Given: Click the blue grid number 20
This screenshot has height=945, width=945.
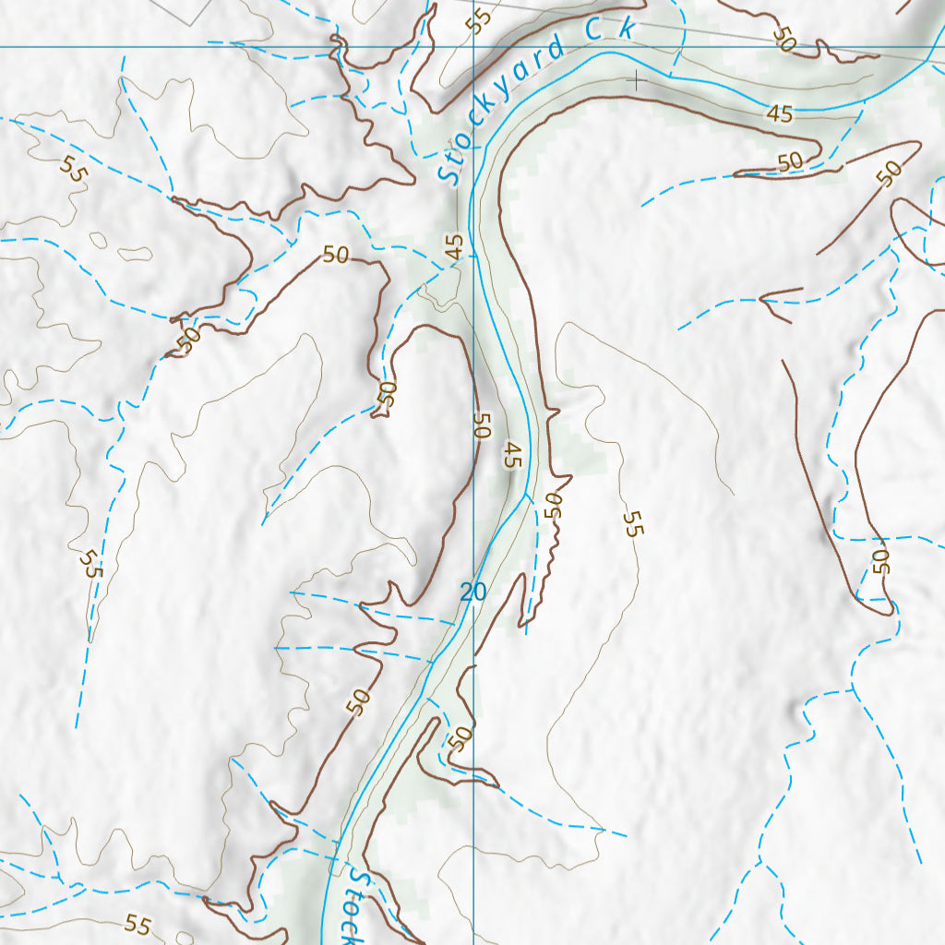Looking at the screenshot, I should tap(472, 592).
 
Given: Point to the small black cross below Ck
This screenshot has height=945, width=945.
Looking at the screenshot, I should tap(635, 80).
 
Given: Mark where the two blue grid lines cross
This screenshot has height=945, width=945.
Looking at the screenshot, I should tap(473, 47).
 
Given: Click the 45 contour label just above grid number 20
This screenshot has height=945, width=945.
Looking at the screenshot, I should tap(513, 455).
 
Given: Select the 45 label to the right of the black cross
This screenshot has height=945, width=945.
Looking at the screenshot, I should tap(780, 114).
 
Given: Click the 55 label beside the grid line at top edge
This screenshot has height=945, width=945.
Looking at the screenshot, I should tap(477, 20).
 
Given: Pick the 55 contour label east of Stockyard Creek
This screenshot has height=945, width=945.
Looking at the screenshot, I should tap(632, 524).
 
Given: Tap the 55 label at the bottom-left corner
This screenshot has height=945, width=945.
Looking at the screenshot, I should tap(138, 923).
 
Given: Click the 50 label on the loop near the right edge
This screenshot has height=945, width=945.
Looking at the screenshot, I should tap(879, 561).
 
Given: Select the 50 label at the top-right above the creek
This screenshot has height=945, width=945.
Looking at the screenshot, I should tap(784, 39).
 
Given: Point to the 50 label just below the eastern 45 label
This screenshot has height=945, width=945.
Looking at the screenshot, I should tap(790, 161).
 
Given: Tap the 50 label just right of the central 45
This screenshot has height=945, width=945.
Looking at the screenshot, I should tap(552, 505).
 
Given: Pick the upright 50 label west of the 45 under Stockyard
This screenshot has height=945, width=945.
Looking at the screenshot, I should tap(336, 255).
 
